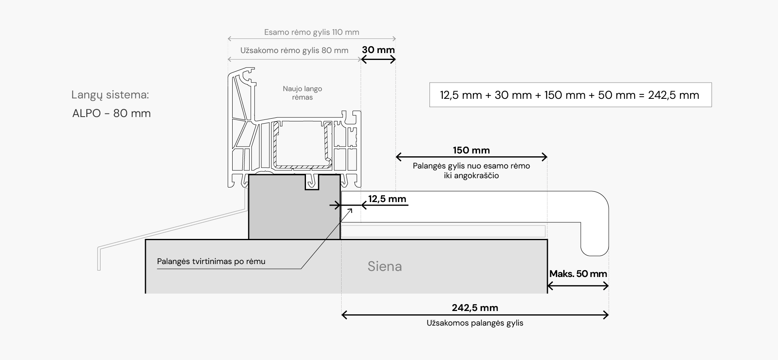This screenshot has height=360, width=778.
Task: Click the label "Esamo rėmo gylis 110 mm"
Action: (x=312, y=32)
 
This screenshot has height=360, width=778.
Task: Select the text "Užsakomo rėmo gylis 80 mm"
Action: (x=294, y=51)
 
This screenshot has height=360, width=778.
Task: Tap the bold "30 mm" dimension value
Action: (x=378, y=50)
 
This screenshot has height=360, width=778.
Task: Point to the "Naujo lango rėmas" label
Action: (x=302, y=93)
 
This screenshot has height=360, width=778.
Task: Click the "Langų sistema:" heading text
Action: (x=110, y=95)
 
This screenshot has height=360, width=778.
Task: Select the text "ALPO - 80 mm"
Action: (x=111, y=113)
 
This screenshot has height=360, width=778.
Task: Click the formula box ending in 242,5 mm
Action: (x=570, y=95)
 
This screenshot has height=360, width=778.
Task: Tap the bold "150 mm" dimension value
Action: (x=471, y=150)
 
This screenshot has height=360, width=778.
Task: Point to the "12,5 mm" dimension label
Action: (x=387, y=199)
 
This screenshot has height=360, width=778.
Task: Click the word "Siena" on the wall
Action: (x=385, y=266)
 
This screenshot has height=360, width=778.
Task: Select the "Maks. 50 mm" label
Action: (x=578, y=274)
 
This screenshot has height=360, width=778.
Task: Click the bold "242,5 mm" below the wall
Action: (x=475, y=308)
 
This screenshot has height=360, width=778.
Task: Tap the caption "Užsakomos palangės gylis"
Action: (x=475, y=323)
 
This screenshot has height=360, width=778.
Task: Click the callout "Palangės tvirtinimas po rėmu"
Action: (x=211, y=262)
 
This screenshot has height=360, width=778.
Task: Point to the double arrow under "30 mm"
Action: (x=378, y=60)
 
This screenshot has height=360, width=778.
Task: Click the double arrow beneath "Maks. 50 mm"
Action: (x=578, y=286)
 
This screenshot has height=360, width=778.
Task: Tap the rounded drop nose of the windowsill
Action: (x=595, y=239)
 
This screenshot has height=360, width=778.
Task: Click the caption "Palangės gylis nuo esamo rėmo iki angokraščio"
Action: (x=471, y=170)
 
